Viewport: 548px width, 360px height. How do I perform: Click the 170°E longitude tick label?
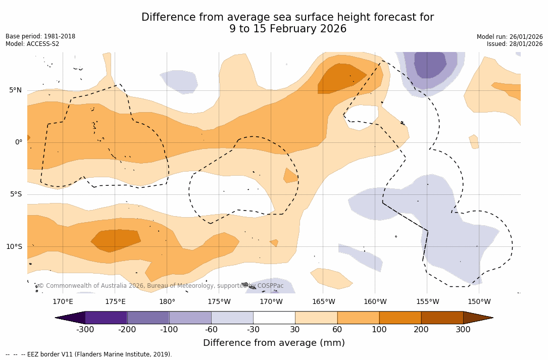point(63,302)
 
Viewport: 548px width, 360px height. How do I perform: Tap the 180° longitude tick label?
point(167,302)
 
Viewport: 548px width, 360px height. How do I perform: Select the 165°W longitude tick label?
point(323,302)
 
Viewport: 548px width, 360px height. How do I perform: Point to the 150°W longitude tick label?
point(479,302)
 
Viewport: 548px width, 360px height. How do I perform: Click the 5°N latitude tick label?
point(15,90)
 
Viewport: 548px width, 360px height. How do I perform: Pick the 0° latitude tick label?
point(19,142)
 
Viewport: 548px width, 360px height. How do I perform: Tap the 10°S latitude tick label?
point(14,247)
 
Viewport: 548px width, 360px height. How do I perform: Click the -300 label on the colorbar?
point(85,330)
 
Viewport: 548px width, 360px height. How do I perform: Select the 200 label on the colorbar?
point(421,330)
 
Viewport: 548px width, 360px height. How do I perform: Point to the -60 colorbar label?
point(211,330)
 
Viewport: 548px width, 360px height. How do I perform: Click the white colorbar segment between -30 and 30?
point(274,318)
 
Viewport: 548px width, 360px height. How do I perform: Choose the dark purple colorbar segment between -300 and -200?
point(106,318)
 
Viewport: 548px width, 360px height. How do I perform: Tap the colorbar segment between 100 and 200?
point(400,318)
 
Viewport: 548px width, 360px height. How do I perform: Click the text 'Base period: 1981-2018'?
point(40,36)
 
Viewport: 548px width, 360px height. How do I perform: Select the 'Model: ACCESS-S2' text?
point(32,44)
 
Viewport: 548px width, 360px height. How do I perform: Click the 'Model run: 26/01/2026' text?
point(510,37)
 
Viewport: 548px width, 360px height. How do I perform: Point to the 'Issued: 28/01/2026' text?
point(515,44)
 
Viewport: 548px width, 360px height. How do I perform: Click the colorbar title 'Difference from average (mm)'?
point(274,343)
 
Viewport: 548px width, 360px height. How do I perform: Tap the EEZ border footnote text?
point(89,354)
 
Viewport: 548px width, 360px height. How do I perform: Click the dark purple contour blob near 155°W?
point(430,64)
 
